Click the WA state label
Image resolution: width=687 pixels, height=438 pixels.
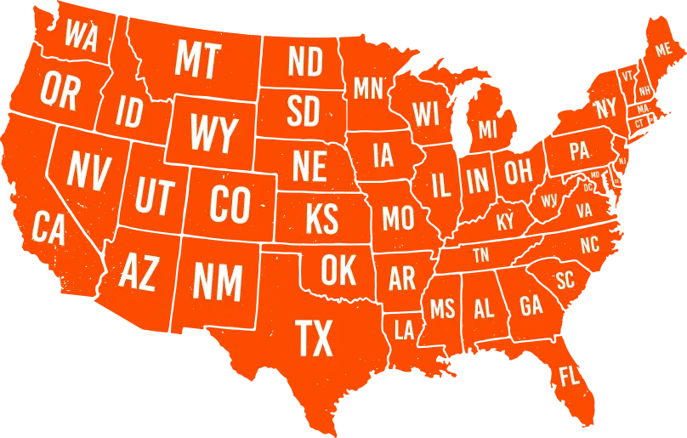click(81, 36)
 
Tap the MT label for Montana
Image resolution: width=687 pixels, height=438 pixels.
click(198, 60)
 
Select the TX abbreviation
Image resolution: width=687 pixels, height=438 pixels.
click(314, 338)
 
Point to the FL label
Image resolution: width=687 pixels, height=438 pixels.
click(569, 375)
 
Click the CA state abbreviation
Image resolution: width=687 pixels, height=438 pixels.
click(48, 228)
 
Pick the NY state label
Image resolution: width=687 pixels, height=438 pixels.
click(606, 108)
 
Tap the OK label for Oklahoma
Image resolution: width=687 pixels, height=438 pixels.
click(338, 270)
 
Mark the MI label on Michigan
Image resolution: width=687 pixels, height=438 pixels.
click(487, 130)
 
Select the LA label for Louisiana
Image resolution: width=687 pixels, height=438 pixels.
click(404, 330)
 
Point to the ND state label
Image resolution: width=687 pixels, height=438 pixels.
click(305, 62)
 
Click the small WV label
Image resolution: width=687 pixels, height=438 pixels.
click(549, 201)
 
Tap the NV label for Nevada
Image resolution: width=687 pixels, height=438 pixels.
click(88, 171)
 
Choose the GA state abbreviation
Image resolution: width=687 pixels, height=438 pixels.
click(531, 305)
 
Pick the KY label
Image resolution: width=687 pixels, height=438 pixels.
click(505, 222)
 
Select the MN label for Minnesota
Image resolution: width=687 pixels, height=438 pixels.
click(368, 88)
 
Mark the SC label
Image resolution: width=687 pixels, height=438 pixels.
click(565, 280)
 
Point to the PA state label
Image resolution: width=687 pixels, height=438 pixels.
click(579, 151)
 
